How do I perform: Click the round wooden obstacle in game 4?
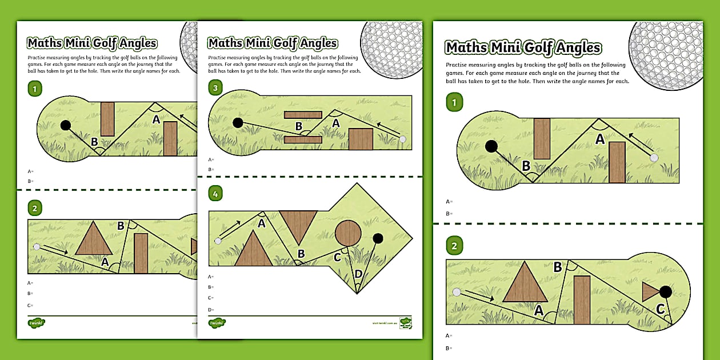coord(347,233)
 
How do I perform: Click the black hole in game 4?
coord(378,238)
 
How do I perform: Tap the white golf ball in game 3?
coord(403,139)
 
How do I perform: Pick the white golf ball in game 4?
coord(218,241)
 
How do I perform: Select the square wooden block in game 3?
coord(361,139)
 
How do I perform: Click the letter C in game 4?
coord(337,257)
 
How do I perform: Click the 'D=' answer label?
coord(211,309)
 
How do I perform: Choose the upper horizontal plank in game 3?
coord(303,114)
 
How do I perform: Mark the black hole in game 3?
coord(238,122)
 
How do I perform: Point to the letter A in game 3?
coord(336,123)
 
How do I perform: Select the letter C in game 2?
coord(660,310)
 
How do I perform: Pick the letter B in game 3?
coord(298,126)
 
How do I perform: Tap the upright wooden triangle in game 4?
coord(253,250)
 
